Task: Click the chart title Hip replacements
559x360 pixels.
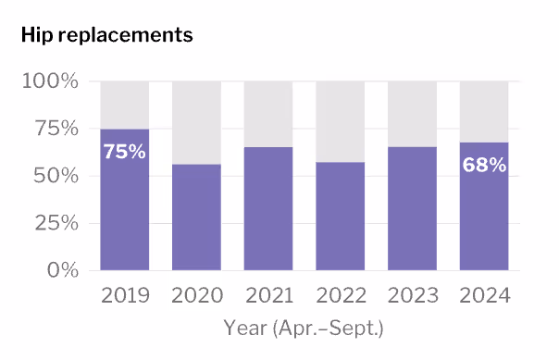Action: (106, 35)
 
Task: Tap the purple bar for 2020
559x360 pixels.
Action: (196, 217)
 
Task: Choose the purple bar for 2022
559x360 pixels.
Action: (340, 217)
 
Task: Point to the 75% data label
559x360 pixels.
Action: (124, 152)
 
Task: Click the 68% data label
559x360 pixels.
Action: (484, 166)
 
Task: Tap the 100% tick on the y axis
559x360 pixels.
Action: (50, 81)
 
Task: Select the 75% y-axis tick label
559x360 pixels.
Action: (56, 129)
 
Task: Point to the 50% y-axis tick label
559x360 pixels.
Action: (56, 176)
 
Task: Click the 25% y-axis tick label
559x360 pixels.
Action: (56, 223)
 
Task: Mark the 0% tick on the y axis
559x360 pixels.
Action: (61, 270)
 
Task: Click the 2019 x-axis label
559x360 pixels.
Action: (124, 296)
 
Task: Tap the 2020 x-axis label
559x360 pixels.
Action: (196, 296)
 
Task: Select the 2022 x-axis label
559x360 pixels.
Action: (340, 296)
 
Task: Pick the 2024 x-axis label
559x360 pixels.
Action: (484, 296)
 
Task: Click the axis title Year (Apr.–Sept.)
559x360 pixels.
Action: (304, 328)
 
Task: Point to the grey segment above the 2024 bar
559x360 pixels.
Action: (484, 111)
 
